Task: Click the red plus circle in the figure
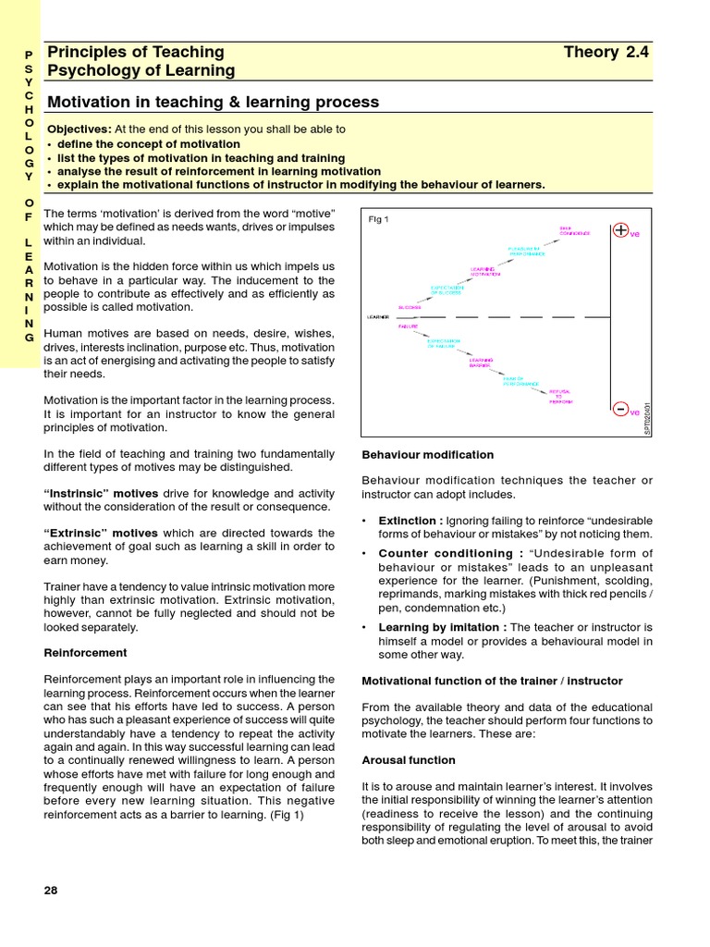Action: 620,230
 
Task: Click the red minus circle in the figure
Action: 620,408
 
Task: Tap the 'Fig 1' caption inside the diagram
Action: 378,219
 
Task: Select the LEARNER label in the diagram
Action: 378,317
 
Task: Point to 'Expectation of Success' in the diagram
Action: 446,289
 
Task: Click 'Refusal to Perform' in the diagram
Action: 560,397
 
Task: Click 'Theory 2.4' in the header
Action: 606,52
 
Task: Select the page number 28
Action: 51,890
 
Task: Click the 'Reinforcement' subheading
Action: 86,652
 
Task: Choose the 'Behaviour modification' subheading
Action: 427,455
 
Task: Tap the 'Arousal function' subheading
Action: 408,760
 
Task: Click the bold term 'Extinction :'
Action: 410,521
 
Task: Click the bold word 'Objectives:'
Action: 79,129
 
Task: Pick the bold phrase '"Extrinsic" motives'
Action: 102,534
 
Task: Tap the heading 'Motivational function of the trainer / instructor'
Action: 492,681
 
